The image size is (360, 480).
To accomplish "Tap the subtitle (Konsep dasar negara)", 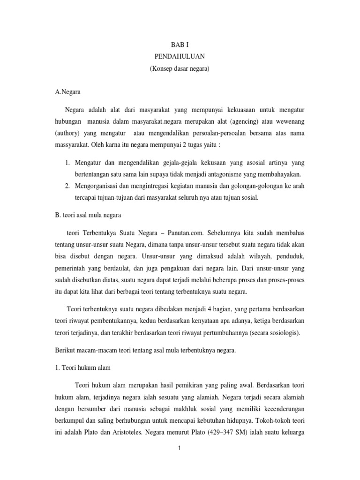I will tap(180, 69).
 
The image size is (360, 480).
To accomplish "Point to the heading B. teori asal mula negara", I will tap(88, 216).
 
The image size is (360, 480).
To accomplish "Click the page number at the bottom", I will tap(179, 448).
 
